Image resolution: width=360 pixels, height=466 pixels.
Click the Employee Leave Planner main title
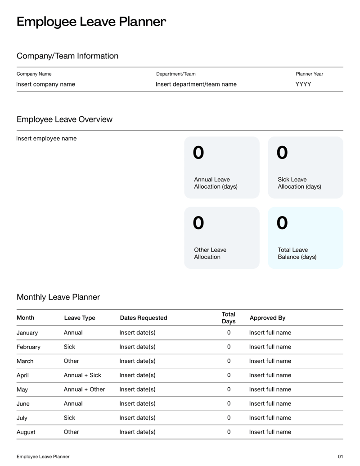(91, 22)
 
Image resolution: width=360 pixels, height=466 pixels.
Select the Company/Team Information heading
(67, 56)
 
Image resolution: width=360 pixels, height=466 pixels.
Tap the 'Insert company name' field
(46, 84)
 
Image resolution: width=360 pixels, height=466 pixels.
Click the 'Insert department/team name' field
(196, 84)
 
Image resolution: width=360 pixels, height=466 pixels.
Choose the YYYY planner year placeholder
(303, 84)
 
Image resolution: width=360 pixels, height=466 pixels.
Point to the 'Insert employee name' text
(46, 138)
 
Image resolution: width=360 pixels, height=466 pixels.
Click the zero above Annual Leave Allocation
(198, 153)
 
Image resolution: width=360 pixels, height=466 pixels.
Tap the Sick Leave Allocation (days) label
(299, 183)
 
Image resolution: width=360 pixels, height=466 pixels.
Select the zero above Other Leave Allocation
(198, 222)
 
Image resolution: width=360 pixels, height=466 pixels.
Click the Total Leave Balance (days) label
(297, 253)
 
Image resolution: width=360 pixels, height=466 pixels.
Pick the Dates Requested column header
(144, 318)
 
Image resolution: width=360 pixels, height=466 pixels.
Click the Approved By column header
(267, 318)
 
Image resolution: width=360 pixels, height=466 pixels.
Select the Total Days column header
(229, 318)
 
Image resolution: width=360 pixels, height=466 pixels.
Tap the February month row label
(28, 347)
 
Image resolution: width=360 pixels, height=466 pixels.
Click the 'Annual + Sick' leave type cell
(82, 375)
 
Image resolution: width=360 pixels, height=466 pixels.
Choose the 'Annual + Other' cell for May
(84, 389)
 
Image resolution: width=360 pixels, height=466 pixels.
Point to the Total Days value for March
(229, 361)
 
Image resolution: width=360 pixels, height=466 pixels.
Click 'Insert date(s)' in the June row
(137, 403)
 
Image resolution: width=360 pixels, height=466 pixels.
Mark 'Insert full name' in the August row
(270, 432)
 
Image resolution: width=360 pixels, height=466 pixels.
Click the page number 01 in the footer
(340, 457)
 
